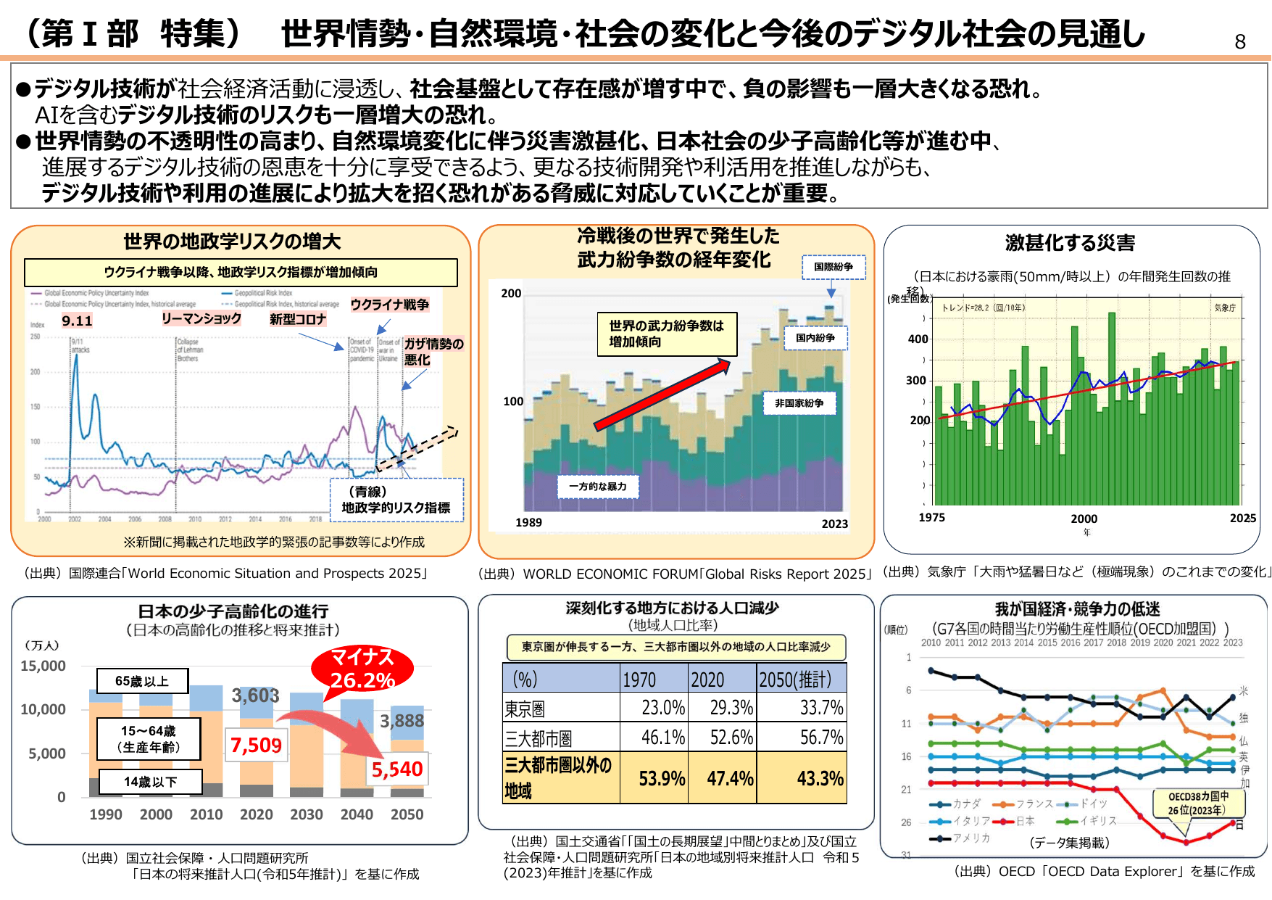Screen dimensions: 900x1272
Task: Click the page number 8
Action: (x=1240, y=42)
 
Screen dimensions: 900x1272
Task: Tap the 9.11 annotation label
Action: (x=77, y=321)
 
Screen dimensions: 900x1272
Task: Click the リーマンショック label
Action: (x=201, y=318)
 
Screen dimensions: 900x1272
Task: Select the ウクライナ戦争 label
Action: (x=390, y=305)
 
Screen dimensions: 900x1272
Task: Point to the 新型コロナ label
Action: (x=298, y=319)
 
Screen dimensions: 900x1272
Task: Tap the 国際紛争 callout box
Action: (x=833, y=267)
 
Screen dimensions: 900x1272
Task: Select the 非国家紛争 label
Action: (x=799, y=403)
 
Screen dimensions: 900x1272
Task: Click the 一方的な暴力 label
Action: (x=598, y=487)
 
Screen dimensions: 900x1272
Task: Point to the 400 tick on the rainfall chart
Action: (x=918, y=339)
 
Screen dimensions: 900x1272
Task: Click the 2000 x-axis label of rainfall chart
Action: (x=1084, y=519)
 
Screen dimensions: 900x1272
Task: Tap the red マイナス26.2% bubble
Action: (x=362, y=669)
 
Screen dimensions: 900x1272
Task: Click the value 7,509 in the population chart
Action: (x=256, y=745)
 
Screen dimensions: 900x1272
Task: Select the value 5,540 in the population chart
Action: (x=396, y=769)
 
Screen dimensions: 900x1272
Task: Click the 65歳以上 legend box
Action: (x=142, y=681)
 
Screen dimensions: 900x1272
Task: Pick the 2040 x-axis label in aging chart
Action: (x=357, y=814)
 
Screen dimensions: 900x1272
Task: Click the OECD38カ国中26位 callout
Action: (x=1197, y=803)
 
